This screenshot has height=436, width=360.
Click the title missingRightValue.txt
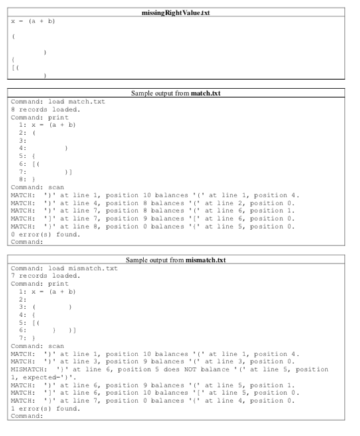(180, 13)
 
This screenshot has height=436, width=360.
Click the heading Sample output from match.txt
(180, 94)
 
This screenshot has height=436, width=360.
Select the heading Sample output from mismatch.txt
(180, 259)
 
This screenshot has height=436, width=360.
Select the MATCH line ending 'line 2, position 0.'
(153, 203)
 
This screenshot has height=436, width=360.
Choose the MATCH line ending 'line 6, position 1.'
(153, 211)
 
